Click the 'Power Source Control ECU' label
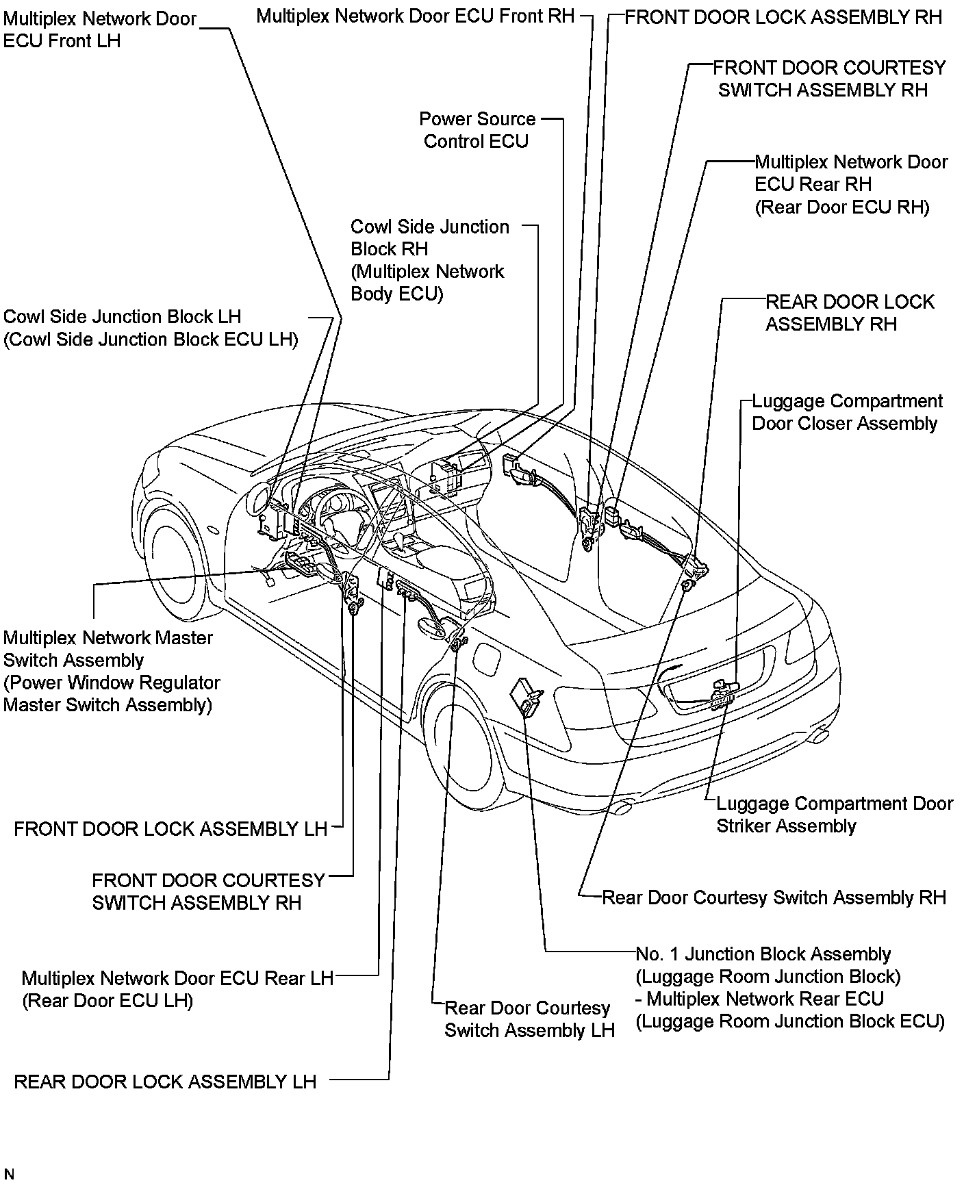tap(477, 130)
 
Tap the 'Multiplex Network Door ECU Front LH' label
tap(100, 30)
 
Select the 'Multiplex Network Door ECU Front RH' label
tap(415, 16)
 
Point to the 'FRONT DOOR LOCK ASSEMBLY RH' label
tap(783, 17)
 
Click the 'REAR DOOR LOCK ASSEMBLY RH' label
tap(849, 313)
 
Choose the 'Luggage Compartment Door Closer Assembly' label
tap(847, 412)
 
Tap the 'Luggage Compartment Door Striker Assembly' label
tap(834, 815)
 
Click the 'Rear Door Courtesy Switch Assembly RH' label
tap(773, 897)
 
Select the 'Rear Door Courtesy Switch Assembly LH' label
tap(529, 1019)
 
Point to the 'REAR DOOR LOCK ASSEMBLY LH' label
tap(165, 1082)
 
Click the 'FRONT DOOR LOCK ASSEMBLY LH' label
tap(170, 829)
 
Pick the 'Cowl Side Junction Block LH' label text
tap(123, 317)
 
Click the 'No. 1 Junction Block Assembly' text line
tap(763, 954)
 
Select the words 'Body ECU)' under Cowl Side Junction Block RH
tap(397, 294)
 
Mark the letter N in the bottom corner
tap(8, 1174)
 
